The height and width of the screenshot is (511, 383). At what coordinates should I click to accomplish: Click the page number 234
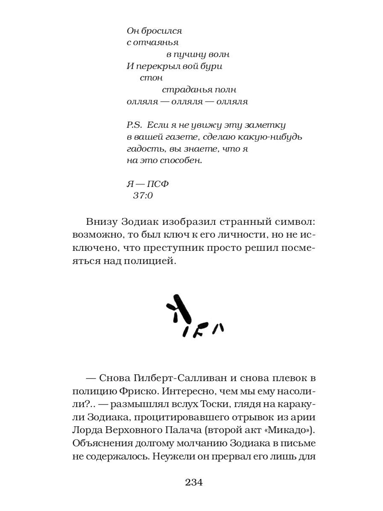click(x=194, y=482)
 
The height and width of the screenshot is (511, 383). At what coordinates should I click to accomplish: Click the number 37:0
click(x=143, y=196)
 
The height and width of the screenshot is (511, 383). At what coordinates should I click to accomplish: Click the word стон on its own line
click(x=151, y=78)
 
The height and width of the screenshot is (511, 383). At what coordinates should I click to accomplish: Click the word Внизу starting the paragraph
click(x=103, y=222)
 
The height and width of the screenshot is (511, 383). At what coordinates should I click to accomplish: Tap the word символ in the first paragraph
click(x=295, y=222)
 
